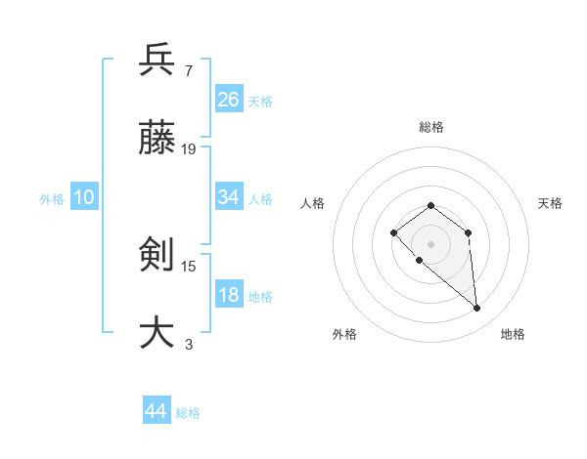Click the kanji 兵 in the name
(x=157, y=61)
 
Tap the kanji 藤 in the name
(x=157, y=140)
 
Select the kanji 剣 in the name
(x=157, y=255)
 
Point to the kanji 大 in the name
(x=157, y=332)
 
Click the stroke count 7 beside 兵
(x=188, y=70)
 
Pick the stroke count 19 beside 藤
(x=189, y=149)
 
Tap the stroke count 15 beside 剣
(x=189, y=265)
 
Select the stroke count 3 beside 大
(x=188, y=343)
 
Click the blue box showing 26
(x=228, y=100)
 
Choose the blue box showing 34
(x=228, y=197)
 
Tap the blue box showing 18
(x=228, y=295)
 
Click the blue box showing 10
(x=84, y=197)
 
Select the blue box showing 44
(x=156, y=411)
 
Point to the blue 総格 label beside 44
(x=188, y=413)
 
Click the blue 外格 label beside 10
(x=52, y=199)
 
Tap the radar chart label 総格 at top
(x=430, y=127)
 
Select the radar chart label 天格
(x=550, y=203)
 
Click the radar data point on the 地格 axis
(x=477, y=309)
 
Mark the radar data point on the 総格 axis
(x=430, y=205)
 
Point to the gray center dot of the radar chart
(x=430, y=244)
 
